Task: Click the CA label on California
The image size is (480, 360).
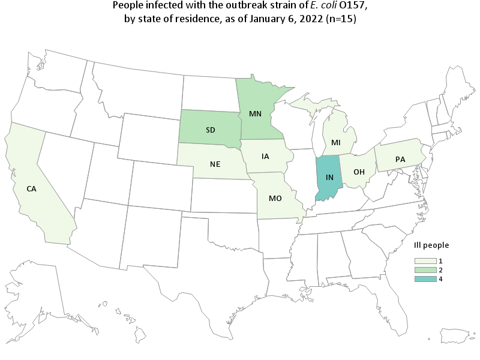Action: [x=31, y=188]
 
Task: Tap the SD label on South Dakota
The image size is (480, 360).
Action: [x=211, y=130]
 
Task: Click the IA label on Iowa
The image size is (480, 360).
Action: [x=265, y=157]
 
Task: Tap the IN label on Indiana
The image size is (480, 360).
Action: [x=329, y=178]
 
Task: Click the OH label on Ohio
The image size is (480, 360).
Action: [x=359, y=172]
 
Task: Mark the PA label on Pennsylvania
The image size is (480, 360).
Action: [x=400, y=160]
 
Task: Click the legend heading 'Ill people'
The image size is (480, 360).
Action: [x=431, y=245]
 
